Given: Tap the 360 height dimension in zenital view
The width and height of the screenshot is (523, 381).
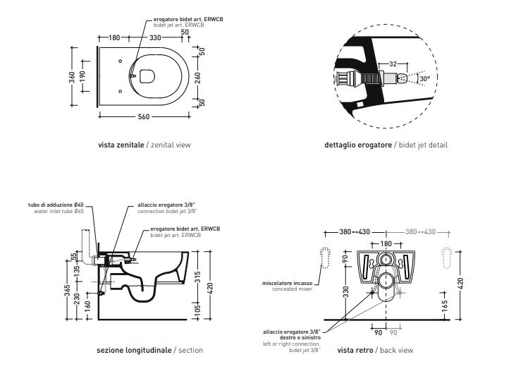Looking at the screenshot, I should pyautogui.click(x=73, y=76).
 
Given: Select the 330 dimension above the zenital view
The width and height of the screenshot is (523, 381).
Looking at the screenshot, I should pyautogui.click(x=156, y=37).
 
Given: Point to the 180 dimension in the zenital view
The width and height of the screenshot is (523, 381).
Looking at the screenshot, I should pyautogui.click(x=115, y=37).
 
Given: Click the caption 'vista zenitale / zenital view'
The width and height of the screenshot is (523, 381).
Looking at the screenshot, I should pyautogui.click(x=144, y=145).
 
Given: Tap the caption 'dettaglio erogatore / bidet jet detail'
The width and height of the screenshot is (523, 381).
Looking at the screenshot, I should pyautogui.click(x=386, y=145).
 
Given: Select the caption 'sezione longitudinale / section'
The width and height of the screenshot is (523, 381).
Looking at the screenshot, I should pyautogui.click(x=149, y=350).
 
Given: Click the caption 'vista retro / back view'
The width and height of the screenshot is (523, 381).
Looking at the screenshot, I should pyautogui.click(x=375, y=350).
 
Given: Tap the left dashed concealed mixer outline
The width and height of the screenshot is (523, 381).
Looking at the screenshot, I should pyautogui.click(x=325, y=258).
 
